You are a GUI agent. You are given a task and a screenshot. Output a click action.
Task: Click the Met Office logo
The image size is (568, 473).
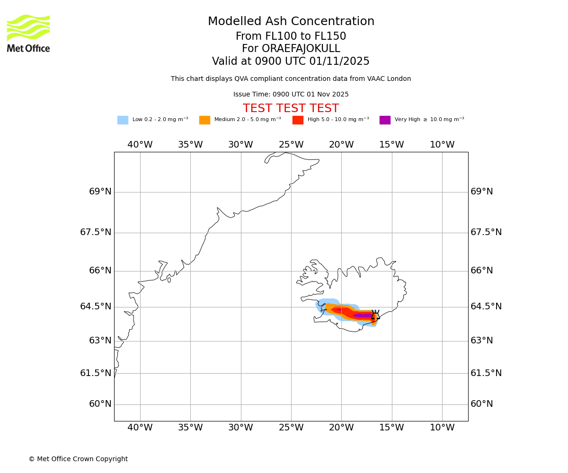click(28, 33)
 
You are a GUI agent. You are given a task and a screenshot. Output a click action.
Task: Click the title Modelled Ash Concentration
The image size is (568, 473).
click(291, 22)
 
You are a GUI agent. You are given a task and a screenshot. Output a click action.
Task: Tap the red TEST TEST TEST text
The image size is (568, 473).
click(291, 109)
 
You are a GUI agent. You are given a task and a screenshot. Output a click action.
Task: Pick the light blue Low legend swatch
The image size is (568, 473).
click(123, 120)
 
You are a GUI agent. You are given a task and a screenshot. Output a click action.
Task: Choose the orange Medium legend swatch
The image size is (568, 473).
click(204, 120)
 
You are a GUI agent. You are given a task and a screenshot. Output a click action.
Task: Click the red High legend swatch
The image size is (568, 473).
click(298, 120)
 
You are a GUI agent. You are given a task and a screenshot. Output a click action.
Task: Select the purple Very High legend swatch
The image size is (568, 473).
click(385, 120)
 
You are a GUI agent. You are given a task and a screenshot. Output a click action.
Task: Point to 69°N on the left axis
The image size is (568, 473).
click(100, 192)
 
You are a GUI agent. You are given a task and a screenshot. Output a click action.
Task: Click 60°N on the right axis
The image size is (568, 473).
click(482, 404)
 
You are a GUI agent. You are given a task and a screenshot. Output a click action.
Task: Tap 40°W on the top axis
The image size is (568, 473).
click(140, 145)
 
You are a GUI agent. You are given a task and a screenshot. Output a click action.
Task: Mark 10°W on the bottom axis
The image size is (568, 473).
click(442, 428)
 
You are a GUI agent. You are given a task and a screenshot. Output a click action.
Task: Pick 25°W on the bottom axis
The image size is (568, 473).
click(291, 428)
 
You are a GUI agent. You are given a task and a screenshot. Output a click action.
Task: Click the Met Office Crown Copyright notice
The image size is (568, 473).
click(78, 459)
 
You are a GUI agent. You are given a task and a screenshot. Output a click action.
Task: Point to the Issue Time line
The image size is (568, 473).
click(291, 95)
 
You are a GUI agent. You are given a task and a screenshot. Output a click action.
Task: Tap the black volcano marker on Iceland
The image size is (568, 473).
click(375, 316)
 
